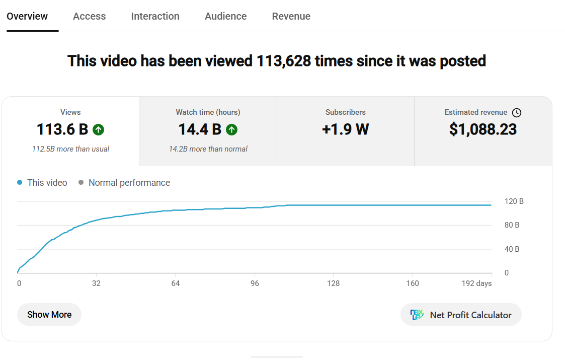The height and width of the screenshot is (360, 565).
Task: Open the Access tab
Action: [x=90, y=16]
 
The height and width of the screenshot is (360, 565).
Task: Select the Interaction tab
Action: [x=155, y=16]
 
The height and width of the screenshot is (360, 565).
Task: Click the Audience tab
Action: [x=226, y=16]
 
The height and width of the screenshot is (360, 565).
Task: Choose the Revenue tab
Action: [x=291, y=16]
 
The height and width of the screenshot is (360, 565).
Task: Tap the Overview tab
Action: [x=27, y=16]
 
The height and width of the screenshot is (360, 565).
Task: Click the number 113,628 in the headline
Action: [x=284, y=61]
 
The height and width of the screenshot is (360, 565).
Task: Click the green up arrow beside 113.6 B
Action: [x=99, y=129]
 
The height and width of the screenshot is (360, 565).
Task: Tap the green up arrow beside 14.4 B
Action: [x=232, y=129]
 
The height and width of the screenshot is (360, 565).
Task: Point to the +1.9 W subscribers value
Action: [x=346, y=129]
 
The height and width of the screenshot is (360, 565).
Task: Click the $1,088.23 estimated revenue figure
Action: [x=483, y=129]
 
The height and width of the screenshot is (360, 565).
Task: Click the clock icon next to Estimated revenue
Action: [x=517, y=113]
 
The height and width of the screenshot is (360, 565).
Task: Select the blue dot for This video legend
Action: [x=20, y=183]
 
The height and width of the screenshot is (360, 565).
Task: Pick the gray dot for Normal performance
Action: [x=81, y=183]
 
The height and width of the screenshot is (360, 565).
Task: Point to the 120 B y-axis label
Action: [x=514, y=201]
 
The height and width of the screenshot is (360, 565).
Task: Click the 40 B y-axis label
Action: [x=512, y=249]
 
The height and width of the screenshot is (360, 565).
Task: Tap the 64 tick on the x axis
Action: [x=176, y=283]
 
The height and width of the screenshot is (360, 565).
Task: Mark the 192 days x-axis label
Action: [x=477, y=283]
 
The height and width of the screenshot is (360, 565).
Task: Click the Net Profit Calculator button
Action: [x=461, y=315]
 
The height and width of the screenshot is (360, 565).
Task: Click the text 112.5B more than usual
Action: [x=70, y=149]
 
